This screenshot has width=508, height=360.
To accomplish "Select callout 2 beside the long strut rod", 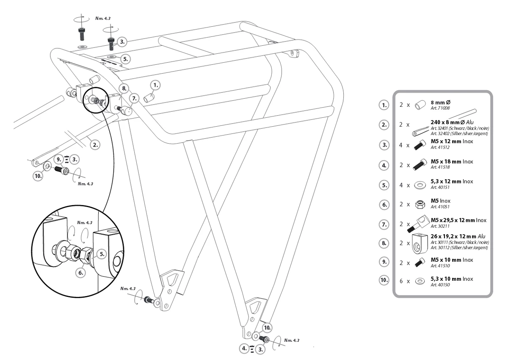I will (x=96, y=144).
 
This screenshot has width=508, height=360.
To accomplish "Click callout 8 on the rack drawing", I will (x=123, y=89).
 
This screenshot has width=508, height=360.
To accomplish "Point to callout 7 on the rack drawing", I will (x=134, y=98).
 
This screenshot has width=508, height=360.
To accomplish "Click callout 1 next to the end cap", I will (x=156, y=85).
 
